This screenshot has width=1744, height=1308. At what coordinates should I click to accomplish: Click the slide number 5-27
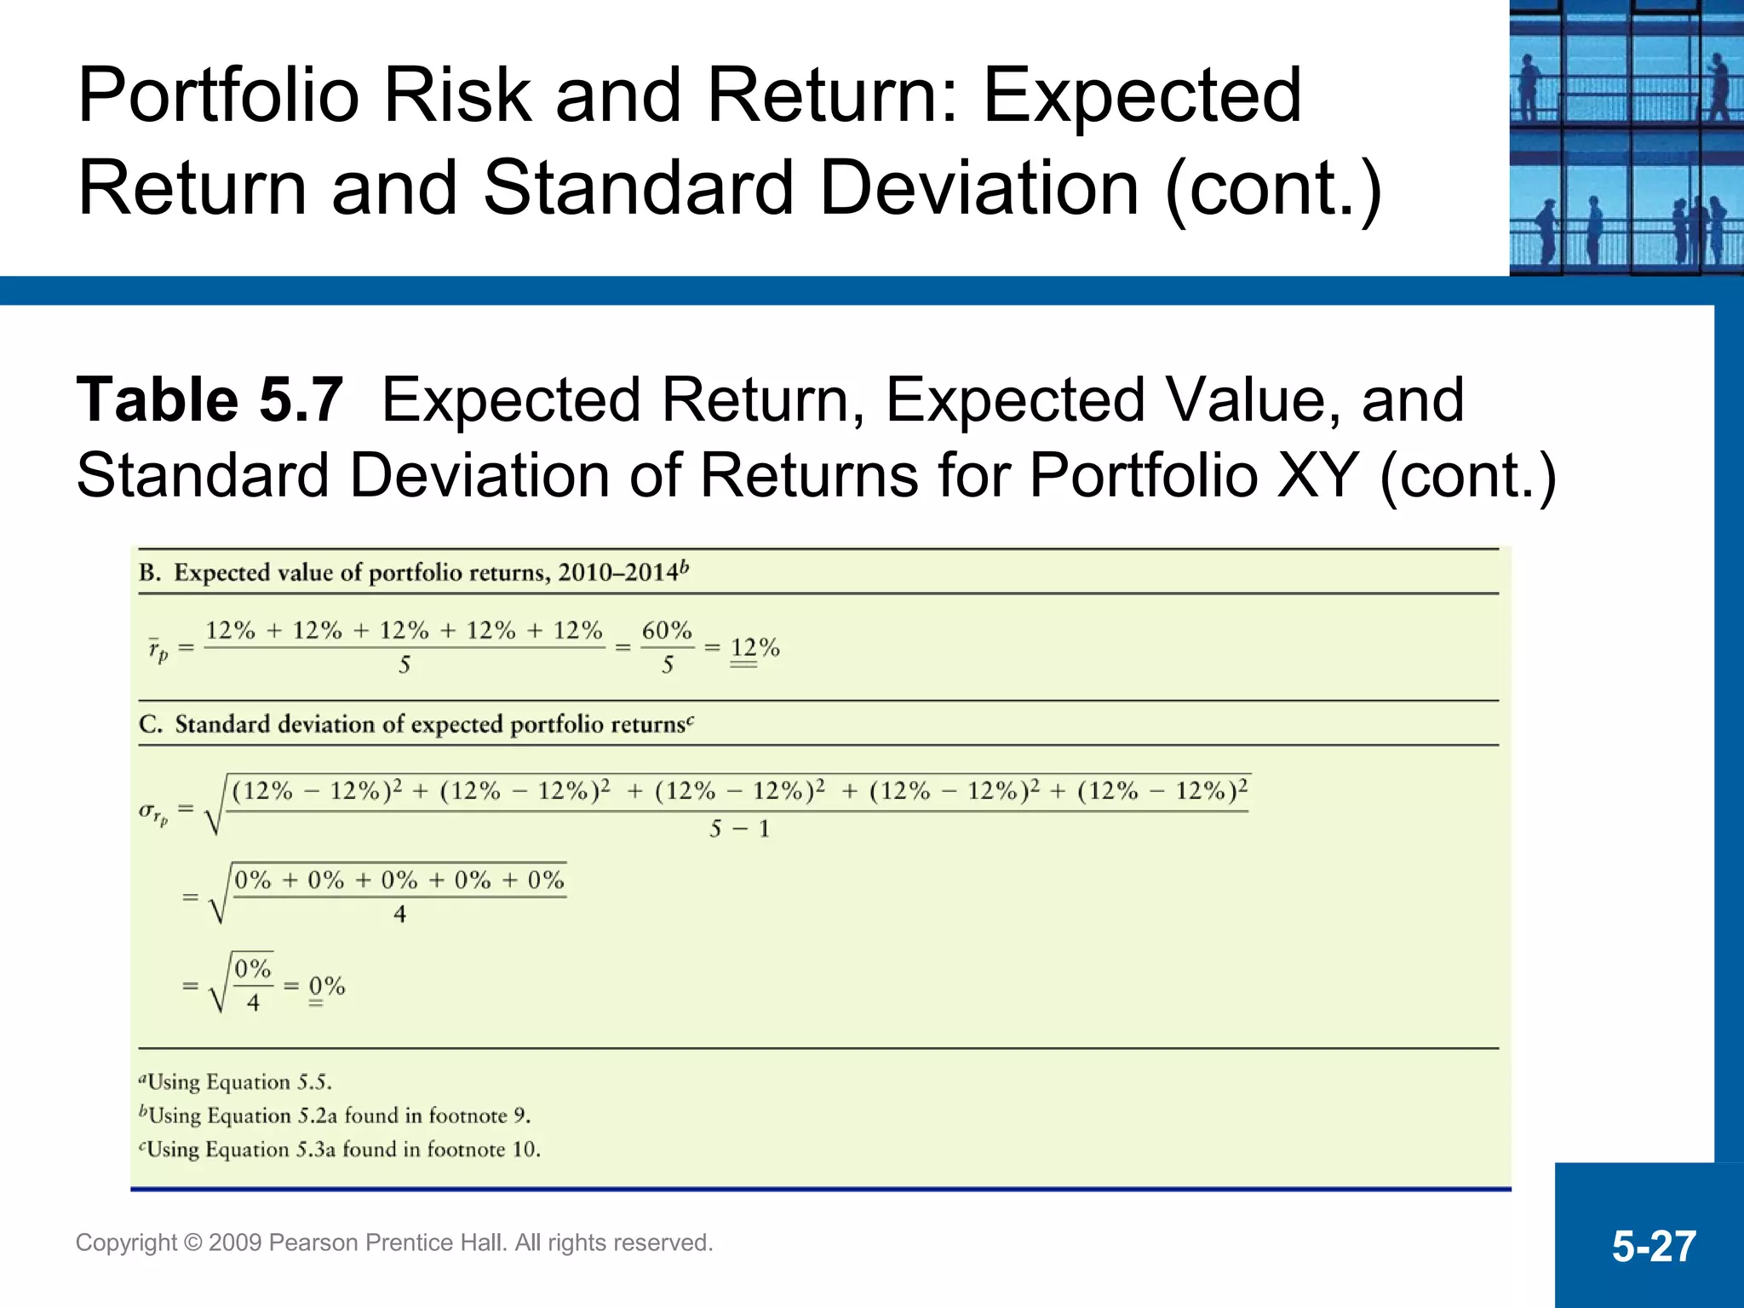pos(1653,1246)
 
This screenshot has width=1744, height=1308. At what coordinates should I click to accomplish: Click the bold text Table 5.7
pos(209,400)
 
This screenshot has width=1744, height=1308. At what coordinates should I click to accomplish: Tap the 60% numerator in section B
pos(667,631)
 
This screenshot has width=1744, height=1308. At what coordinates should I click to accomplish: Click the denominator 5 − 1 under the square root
pos(739,829)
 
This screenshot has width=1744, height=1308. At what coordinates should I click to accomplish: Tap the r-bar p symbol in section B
pos(158,651)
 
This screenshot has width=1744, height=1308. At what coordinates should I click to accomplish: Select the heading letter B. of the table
pos(150,573)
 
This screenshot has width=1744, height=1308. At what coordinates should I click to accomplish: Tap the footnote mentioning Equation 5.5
pos(235,1082)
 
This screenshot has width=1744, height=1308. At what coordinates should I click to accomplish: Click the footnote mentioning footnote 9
pos(335,1116)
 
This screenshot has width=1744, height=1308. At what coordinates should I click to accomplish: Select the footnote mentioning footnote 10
pos(339,1150)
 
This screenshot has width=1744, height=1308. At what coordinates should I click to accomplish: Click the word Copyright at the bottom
pos(126,1242)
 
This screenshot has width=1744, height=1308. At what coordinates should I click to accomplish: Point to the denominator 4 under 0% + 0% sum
pos(399,915)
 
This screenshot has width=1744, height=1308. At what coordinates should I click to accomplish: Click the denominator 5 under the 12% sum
pos(404,666)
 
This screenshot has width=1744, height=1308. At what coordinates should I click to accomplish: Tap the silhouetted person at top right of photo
pos(1718,85)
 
